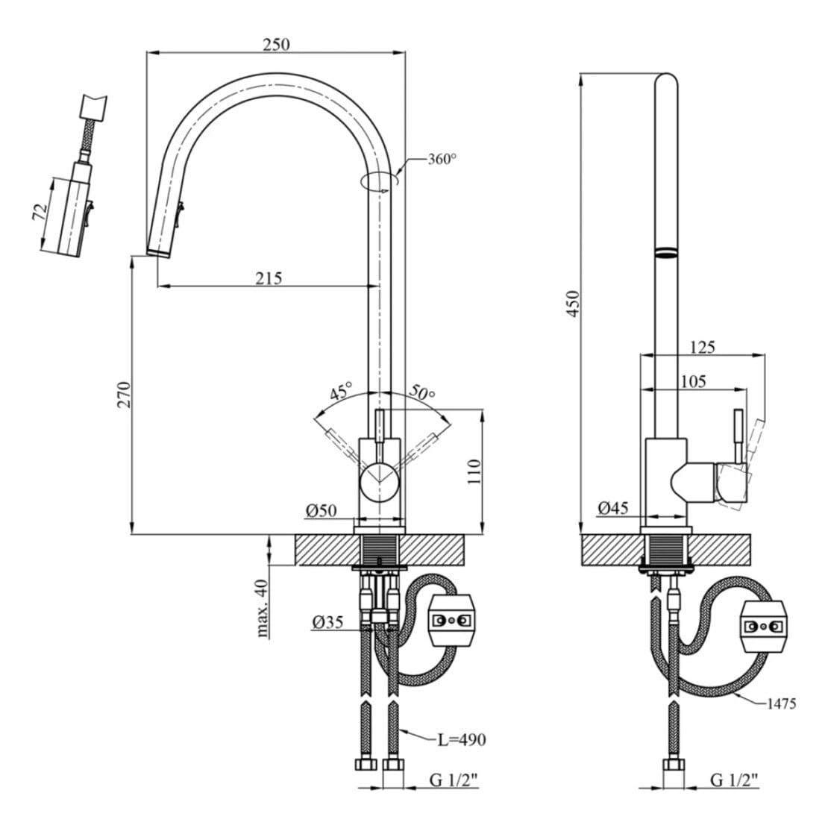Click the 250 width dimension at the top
[x=276, y=44]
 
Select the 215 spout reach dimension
[x=269, y=278]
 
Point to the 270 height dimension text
[x=124, y=394]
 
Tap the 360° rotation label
[x=442, y=159]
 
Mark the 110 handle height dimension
[x=474, y=472]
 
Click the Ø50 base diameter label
[x=321, y=511]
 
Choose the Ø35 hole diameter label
[x=327, y=621]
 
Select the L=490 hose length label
[x=461, y=739]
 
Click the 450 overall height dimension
[x=573, y=303]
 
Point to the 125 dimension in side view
[x=702, y=346]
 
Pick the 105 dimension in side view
[x=693, y=380]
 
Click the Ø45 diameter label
[x=612, y=509]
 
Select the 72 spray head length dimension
[x=39, y=211]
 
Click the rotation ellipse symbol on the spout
[x=380, y=181]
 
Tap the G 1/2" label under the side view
[x=734, y=780]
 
